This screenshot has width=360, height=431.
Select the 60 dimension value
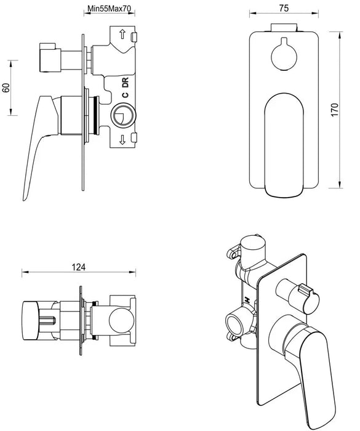click(x=7, y=87)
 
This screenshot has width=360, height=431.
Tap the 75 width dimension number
click(x=283, y=9)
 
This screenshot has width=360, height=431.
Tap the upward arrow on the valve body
click(x=123, y=36)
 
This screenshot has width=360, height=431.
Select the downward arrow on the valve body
click(x=123, y=140)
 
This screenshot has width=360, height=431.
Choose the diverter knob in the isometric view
click(x=303, y=296)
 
